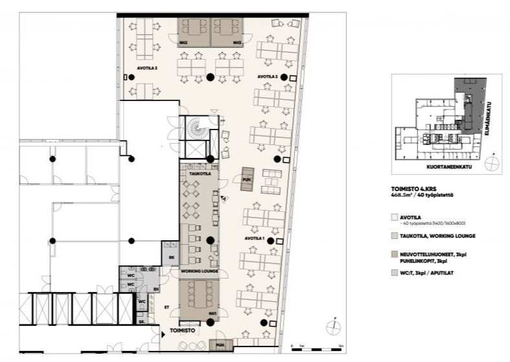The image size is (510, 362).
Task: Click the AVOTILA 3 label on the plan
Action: point(148,67)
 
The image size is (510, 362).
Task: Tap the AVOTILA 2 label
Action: point(267,76)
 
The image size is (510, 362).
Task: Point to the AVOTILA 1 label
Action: point(254,238)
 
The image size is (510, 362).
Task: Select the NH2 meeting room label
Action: point(184,43)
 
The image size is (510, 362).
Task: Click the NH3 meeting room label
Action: point(238,43)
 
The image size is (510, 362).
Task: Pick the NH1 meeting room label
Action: point(212,313)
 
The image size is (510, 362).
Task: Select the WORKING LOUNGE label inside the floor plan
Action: point(199,271)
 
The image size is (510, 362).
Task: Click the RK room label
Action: point(172,258)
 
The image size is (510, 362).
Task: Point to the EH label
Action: point(156,289)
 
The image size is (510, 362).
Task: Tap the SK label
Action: point(142,321)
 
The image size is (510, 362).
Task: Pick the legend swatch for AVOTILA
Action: point(395,218)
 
